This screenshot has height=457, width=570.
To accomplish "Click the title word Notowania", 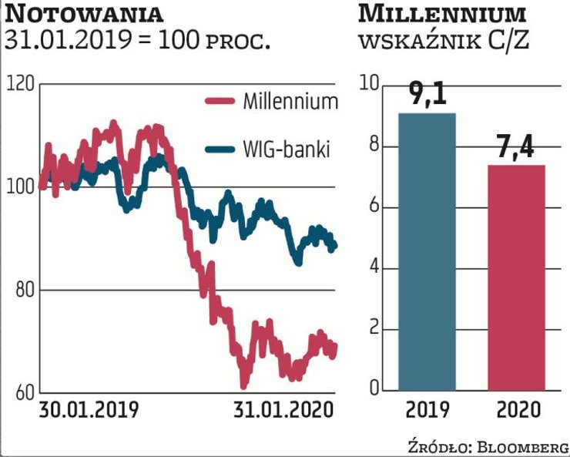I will pos(89,14).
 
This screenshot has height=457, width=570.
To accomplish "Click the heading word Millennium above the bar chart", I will pos(443,14).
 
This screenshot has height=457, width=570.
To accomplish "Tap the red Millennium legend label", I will pos(290,101).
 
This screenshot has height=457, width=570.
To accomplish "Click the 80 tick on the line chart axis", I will pos(23,291).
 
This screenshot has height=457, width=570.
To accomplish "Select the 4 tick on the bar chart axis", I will pos(376,269).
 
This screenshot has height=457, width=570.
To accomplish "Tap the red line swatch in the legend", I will pos(220,101).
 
